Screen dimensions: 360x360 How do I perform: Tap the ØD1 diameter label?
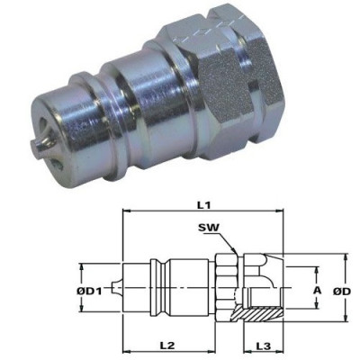click(89, 291)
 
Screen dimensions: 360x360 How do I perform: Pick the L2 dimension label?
click(166, 346)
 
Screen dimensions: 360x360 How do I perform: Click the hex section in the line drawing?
click(226, 290)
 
